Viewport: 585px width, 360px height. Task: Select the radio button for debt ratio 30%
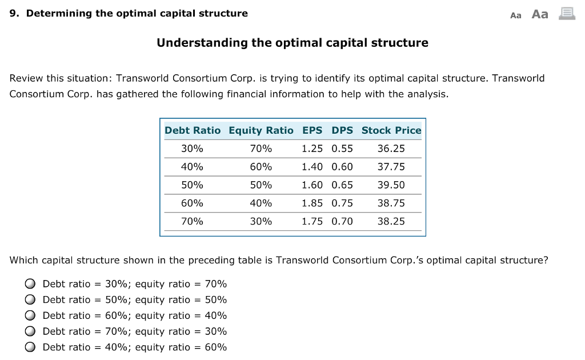click(30, 284)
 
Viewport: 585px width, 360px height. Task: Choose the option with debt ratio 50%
click(30, 300)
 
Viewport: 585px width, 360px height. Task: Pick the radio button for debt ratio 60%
click(30, 315)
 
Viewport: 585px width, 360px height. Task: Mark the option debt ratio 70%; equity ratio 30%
click(30, 331)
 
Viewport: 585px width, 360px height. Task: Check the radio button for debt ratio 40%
click(30, 347)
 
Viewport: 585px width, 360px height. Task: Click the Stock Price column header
click(391, 130)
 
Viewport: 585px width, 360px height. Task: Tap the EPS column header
click(312, 130)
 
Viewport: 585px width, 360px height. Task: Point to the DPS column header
click(342, 130)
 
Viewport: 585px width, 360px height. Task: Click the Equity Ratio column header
click(261, 130)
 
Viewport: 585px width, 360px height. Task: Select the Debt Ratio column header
click(193, 130)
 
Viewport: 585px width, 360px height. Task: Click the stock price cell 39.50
click(391, 185)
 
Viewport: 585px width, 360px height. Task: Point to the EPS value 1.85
click(312, 203)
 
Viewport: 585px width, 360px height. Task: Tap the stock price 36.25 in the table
click(391, 149)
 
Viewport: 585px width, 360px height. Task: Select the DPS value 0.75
click(342, 203)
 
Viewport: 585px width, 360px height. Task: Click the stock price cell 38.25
click(391, 222)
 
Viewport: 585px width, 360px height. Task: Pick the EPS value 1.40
click(312, 167)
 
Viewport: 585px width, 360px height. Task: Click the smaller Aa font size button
click(516, 15)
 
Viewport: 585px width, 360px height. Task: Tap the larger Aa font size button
click(540, 14)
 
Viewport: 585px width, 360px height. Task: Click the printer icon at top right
click(567, 14)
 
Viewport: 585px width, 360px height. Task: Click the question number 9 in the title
click(14, 13)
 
